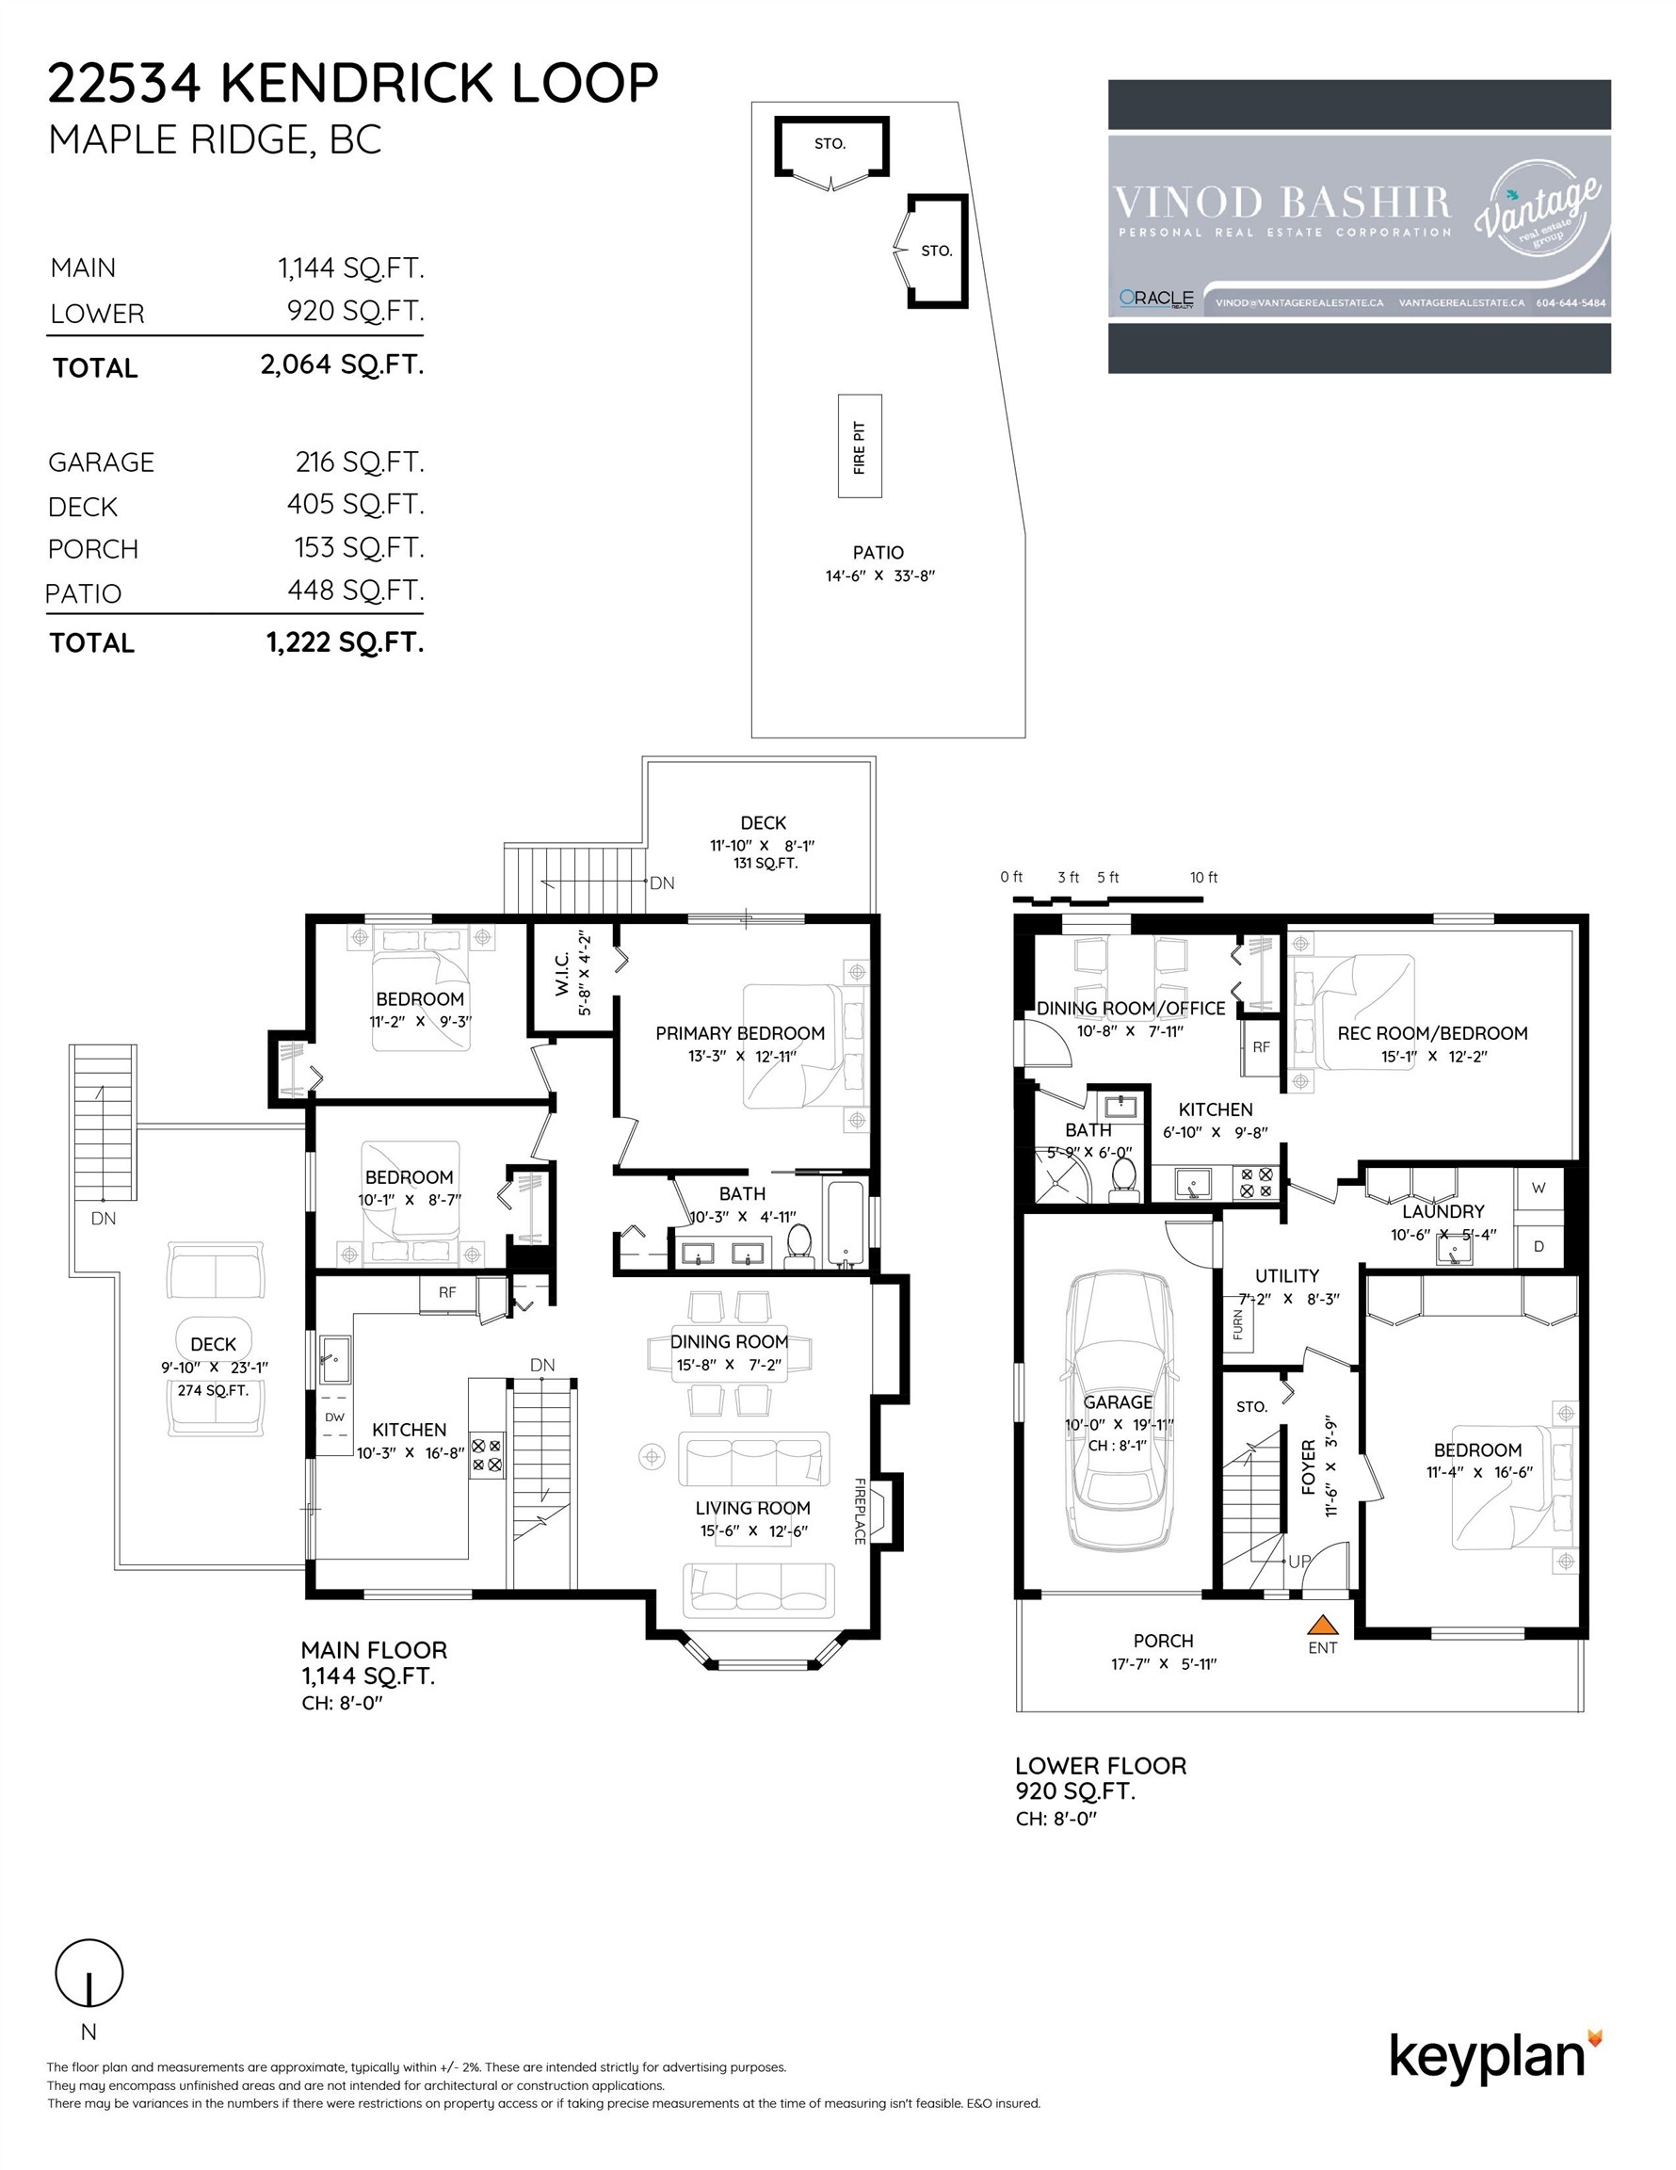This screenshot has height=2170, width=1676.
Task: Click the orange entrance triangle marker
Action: click(x=1321, y=1625)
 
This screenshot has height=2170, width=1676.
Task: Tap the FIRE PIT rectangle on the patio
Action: click(x=860, y=447)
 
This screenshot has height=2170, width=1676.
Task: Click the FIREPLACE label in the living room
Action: click(x=860, y=1512)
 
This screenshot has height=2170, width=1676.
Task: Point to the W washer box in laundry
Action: click(x=1538, y=1189)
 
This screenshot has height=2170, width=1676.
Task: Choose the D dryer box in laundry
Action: click(x=1538, y=1246)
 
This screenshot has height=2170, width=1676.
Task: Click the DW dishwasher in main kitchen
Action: click(x=335, y=1417)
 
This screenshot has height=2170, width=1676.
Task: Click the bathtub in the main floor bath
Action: click(x=846, y=1224)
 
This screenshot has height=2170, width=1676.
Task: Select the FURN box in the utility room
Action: click(x=1238, y=1324)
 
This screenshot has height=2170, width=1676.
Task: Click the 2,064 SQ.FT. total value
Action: click(x=342, y=364)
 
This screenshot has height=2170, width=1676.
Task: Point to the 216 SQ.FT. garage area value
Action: click(x=359, y=462)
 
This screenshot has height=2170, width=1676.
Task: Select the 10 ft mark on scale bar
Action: click(x=1203, y=878)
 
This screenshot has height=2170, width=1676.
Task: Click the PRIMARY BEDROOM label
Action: click(x=739, y=1033)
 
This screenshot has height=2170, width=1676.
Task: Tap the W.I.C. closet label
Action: click(x=562, y=976)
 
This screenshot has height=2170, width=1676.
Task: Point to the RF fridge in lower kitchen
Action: click(x=1261, y=1047)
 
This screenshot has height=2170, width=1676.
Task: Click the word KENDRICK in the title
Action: click(x=357, y=84)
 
